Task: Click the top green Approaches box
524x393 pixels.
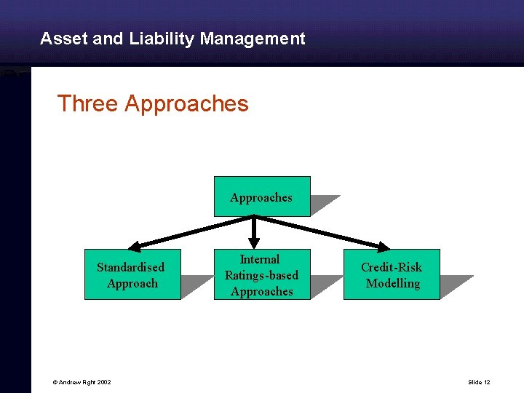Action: click(x=261, y=196)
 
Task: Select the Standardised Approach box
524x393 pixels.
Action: click(x=132, y=275)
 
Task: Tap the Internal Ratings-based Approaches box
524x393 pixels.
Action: click(x=261, y=275)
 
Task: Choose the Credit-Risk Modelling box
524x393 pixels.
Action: click(x=392, y=275)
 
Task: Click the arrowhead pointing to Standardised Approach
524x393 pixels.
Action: click(x=136, y=245)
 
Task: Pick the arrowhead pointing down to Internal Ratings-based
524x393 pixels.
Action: click(x=254, y=242)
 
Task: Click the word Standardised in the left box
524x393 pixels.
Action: click(x=131, y=267)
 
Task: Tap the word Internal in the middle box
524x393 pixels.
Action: click(x=260, y=259)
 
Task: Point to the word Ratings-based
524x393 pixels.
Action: click(x=261, y=275)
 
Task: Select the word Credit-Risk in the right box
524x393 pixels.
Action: click(x=392, y=267)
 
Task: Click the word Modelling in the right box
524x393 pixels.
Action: click(x=393, y=283)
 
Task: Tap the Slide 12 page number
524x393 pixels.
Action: click(x=480, y=382)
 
